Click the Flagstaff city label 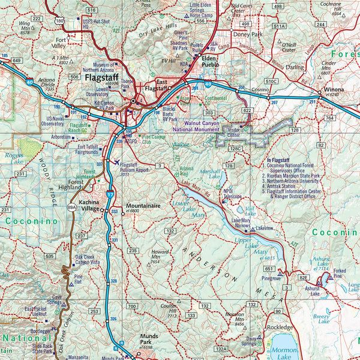coord(104,77)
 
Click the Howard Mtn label coord(160,256)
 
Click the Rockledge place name coord(281,328)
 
